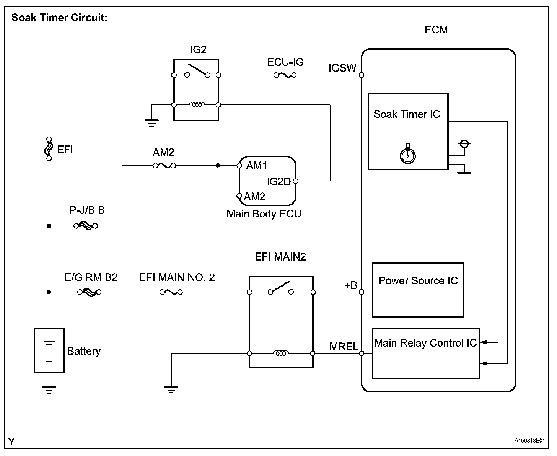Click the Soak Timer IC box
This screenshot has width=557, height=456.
click(x=408, y=131)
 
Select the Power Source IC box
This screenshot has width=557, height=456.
click(x=418, y=290)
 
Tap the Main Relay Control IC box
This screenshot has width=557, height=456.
click(x=425, y=353)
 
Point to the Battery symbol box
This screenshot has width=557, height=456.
click(x=49, y=350)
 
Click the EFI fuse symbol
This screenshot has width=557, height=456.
click(x=49, y=148)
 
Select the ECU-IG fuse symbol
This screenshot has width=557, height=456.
click(x=285, y=75)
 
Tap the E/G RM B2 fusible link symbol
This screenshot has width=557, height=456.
click(x=89, y=292)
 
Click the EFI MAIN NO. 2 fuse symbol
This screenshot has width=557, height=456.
click(x=171, y=292)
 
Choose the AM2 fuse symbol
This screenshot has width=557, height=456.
click(x=164, y=166)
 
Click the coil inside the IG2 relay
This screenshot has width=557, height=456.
click(x=197, y=105)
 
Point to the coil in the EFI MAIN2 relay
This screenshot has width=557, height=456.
click(x=281, y=353)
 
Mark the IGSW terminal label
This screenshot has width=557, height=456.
click(x=342, y=68)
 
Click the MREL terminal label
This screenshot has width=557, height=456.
click(x=344, y=347)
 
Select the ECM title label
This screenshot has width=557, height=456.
click(x=436, y=30)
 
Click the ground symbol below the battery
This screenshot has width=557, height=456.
click(x=49, y=390)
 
